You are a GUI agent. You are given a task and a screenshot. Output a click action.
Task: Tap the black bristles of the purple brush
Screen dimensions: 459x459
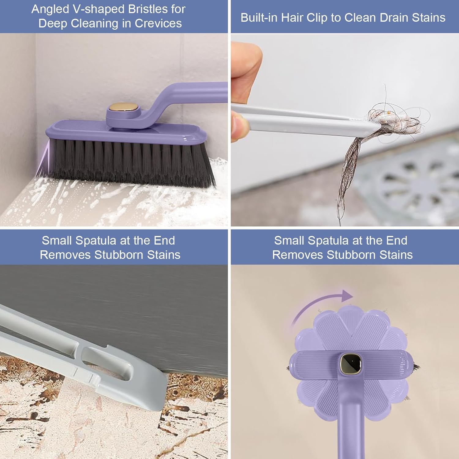(129, 162)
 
